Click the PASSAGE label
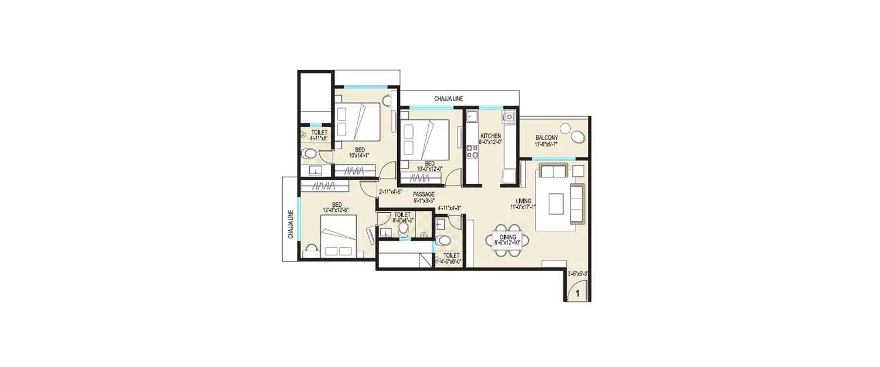point(423,194)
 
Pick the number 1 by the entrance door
point(577,292)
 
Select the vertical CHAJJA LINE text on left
point(290,225)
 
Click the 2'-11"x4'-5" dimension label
point(391,191)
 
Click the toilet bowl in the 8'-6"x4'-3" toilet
point(403,229)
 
